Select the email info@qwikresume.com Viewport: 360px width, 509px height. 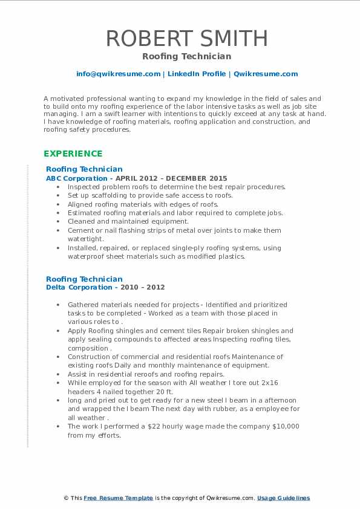pyautogui.click(x=118, y=74)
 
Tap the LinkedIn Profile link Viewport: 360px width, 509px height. pyautogui.click(x=197, y=74)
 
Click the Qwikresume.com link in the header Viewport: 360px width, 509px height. pyautogui.click(x=266, y=74)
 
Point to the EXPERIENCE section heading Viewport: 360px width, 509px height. pyautogui.click(x=73, y=154)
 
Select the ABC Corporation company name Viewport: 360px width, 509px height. pyautogui.click(x=77, y=178)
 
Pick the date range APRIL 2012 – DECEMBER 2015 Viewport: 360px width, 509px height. pyautogui.click(x=174, y=178)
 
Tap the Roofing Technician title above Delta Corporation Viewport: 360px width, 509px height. pyautogui.click(x=84, y=279)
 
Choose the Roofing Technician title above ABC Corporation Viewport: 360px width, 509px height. pyautogui.click(x=84, y=169)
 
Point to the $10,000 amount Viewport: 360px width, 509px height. pyautogui.click(x=284, y=426)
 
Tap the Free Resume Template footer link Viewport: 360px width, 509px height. pyautogui.click(x=118, y=498)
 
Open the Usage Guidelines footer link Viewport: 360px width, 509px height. pyautogui.click(x=283, y=498)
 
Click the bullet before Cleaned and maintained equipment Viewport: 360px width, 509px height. pyautogui.click(x=57, y=222)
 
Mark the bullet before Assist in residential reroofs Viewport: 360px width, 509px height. pyautogui.click(x=57, y=374)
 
